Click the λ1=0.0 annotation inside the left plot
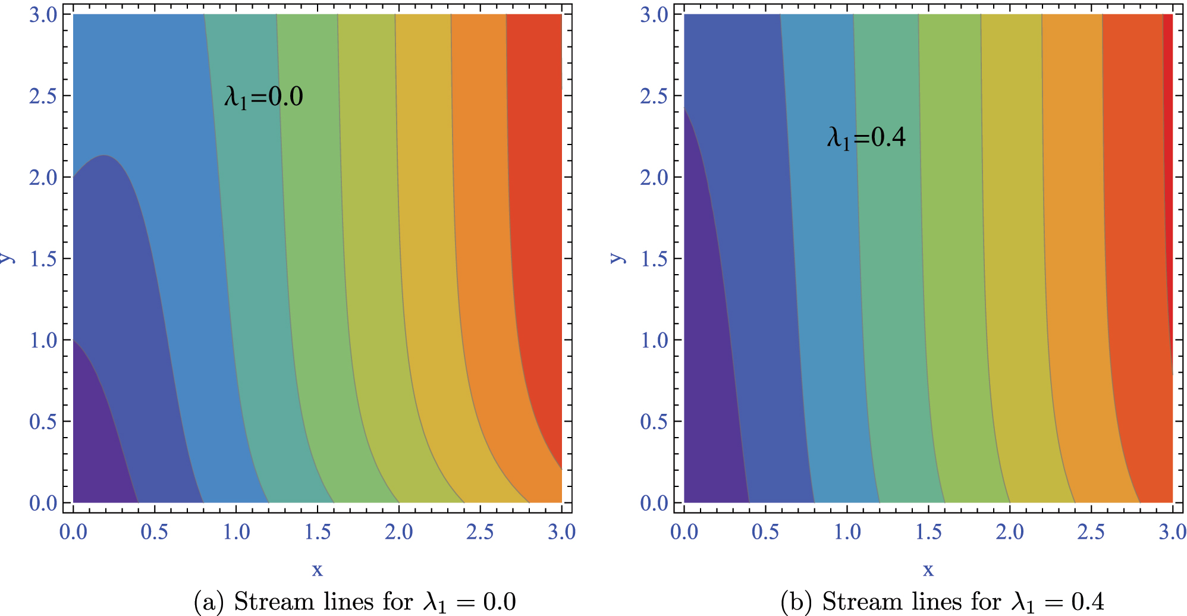[263, 97]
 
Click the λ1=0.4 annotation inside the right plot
[866, 138]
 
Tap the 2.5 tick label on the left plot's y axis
[43, 96]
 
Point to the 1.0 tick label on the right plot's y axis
[654, 341]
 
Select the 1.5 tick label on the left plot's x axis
[318, 532]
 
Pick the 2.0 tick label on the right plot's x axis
[1010, 532]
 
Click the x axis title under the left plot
[318, 570]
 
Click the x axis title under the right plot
[928, 570]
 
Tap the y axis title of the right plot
[617, 258]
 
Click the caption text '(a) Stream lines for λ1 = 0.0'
[355, 602]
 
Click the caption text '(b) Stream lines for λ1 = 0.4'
[942, 602]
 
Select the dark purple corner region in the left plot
[95, 452]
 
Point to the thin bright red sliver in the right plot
[1168, 119]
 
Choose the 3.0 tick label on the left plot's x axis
[561, 532]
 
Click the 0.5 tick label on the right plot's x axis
[765, 532]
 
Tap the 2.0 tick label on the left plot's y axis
[43, 178]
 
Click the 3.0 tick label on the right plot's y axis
[654, 15]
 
